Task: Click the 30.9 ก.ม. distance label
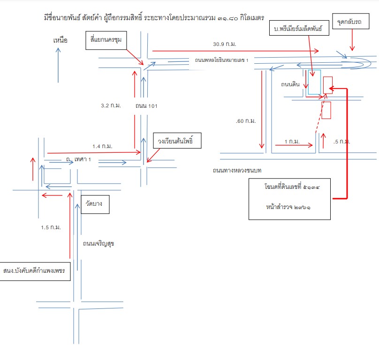pos(225,44)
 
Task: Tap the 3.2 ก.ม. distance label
pos(111,105)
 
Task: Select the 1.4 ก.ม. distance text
pos(102,146)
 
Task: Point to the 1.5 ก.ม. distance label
pos(51,227)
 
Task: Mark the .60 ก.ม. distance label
pos(246,121)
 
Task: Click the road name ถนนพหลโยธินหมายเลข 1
pos(222,60)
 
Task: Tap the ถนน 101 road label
pos(146,106)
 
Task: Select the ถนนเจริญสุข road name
pos(99,244)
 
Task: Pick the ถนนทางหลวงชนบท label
pos(237,171)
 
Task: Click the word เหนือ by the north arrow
pos(60,40)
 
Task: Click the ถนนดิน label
pos(290,84)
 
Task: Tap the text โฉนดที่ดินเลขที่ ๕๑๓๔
pos(292,187)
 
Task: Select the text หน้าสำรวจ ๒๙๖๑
pos(288,207)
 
